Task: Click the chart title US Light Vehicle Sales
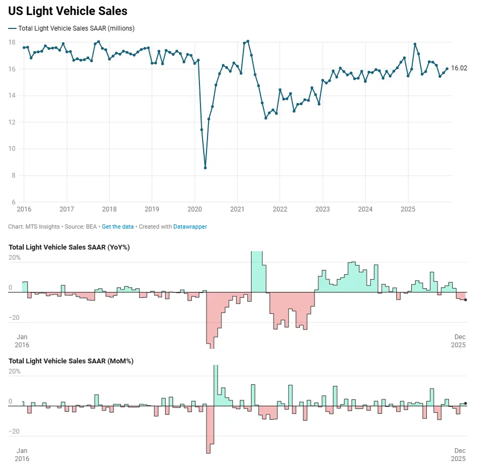[68, 11]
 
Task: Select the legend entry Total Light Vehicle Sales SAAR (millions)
[76, 28]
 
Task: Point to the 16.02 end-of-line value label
[459, 68]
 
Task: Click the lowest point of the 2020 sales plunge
[205, 168]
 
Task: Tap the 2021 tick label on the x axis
[237, 209]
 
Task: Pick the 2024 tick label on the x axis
[365, 209]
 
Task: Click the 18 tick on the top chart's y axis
[11, 42]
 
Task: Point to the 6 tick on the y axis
[13, 202]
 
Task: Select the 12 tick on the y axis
[11, 122]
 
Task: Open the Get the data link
[118, 226]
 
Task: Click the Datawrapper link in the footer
[190, 226]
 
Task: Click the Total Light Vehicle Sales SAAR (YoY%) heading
[69, 247]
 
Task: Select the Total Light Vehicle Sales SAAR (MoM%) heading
[71, 361]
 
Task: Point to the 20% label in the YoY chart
[14, 258]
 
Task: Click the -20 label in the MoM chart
[14, 432]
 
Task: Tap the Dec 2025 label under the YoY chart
[460, 341]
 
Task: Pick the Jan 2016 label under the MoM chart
[22, 455]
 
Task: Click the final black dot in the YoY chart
[466, 300]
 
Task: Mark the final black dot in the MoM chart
[466, 403]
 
